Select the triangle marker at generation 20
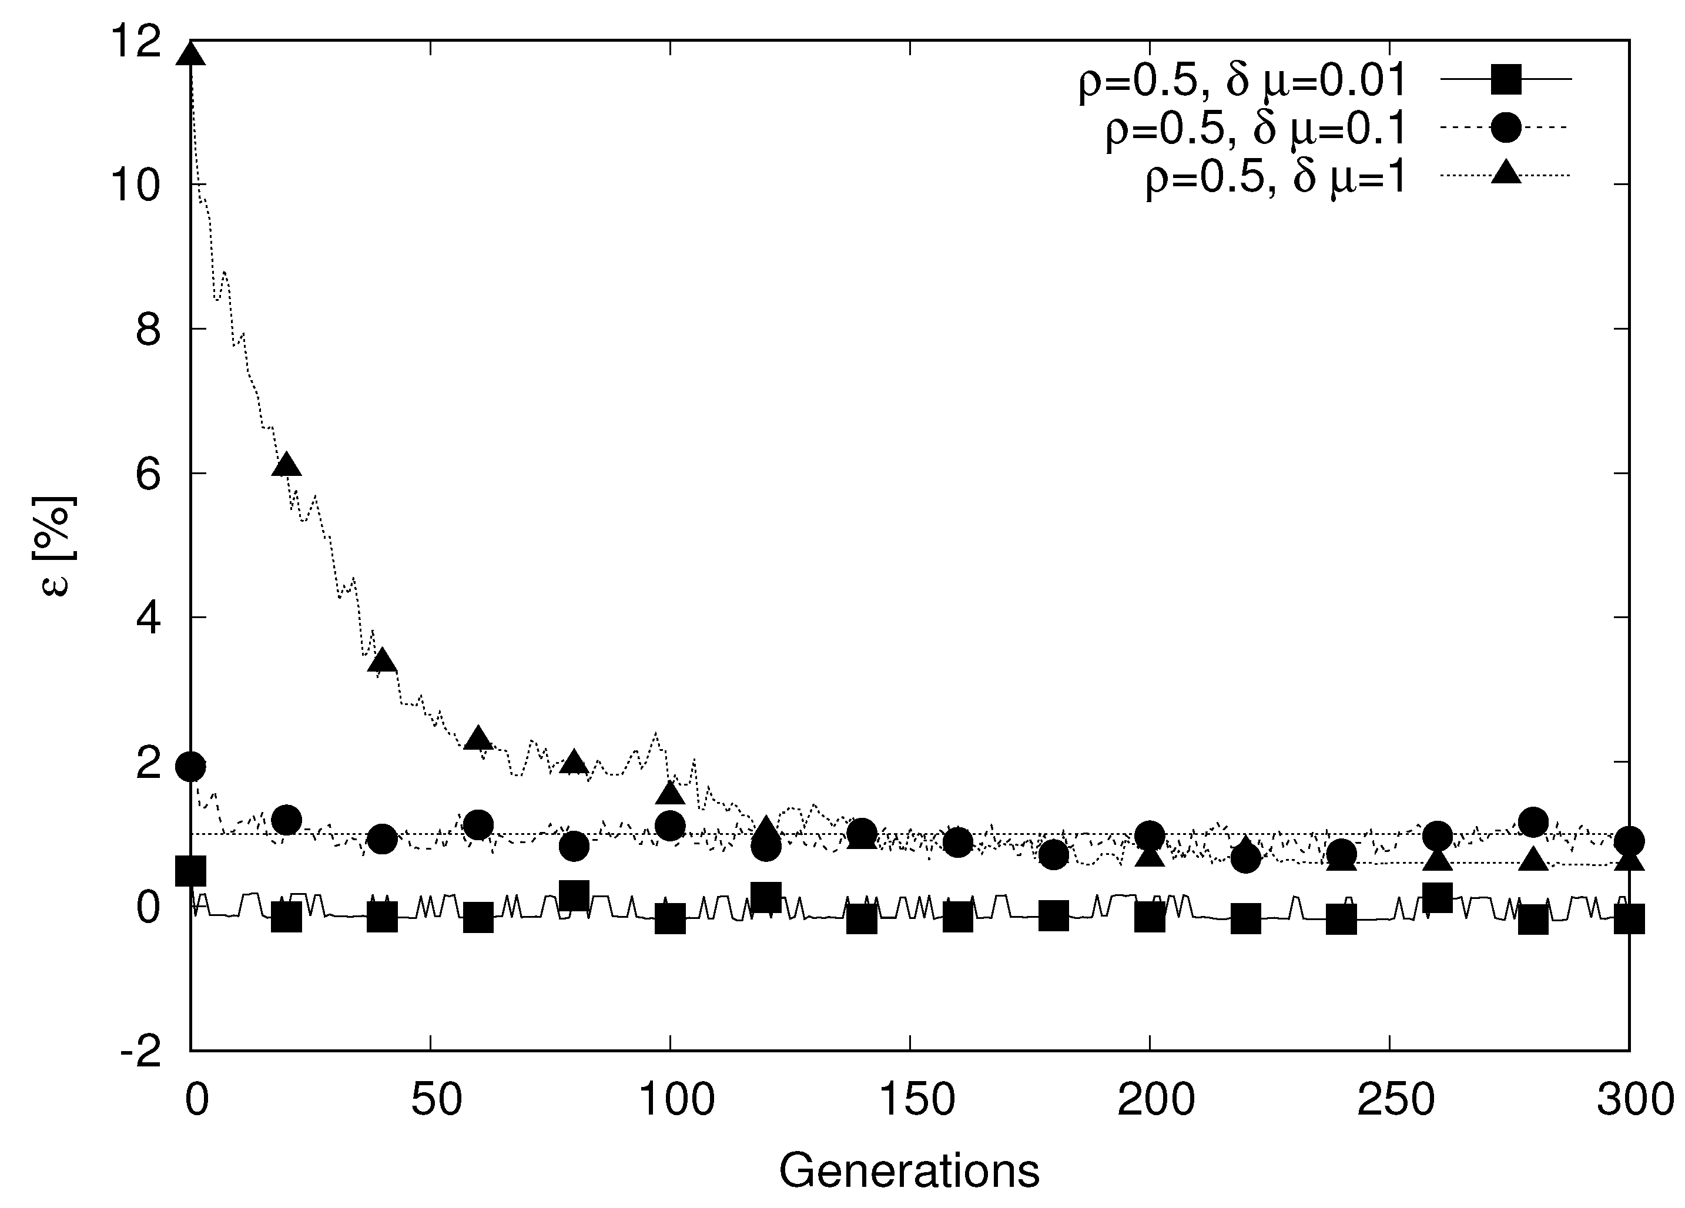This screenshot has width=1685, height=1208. tap(287, 465)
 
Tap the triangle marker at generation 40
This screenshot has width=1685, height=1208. tap(383, 660)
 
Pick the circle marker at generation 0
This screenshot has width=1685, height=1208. tap(191, 766)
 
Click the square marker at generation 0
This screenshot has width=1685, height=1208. tap(191, 871)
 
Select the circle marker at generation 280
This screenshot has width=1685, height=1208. tap(1533, 821)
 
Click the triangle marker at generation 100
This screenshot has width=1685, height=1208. tap(670, 793)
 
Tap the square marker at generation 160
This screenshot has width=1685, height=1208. tap(957, 918)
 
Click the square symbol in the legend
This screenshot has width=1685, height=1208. tap(1506, 79)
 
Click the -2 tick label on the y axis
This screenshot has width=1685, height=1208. tap(141, 1051)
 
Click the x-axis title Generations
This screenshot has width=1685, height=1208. tap(909, 1172)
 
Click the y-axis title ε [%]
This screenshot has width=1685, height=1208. tap(56, 546)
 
